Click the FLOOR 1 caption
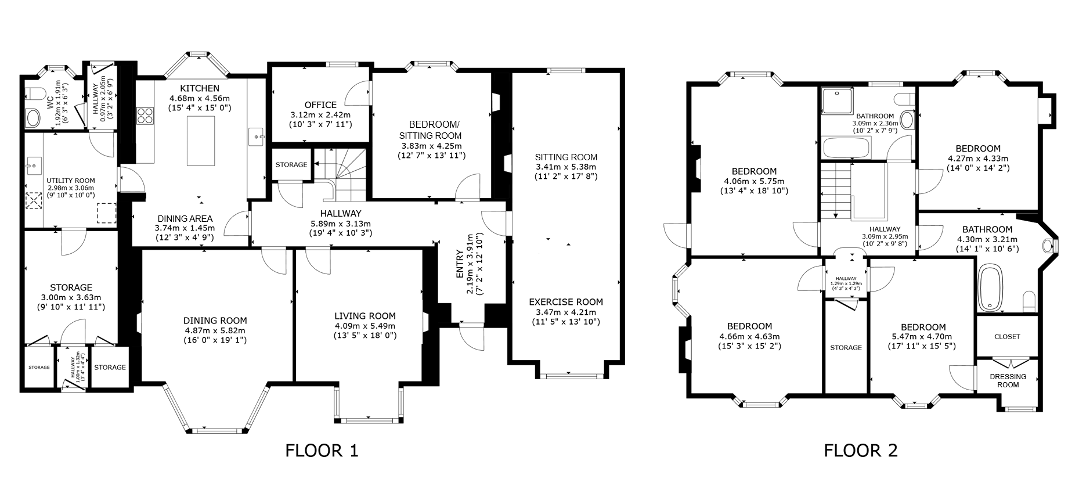click(x=322, y=451)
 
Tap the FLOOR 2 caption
click(x=861, y=451)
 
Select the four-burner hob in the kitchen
click(x=145, y=115)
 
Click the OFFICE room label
click(x=320, y=105)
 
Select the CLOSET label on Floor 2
click(x=1007, y=337)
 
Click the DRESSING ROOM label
click(x=1008, y=380)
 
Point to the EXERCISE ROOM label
click(x=566, y=302)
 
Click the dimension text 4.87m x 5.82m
click(x=215, y=330)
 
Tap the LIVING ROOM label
click(x=365, y=316)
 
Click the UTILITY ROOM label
click(x=71, y=181)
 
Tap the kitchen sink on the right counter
click(x=256, y=137)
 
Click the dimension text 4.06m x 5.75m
click(x=754, y=181)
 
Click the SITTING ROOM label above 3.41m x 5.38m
click(x=566, y=157)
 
